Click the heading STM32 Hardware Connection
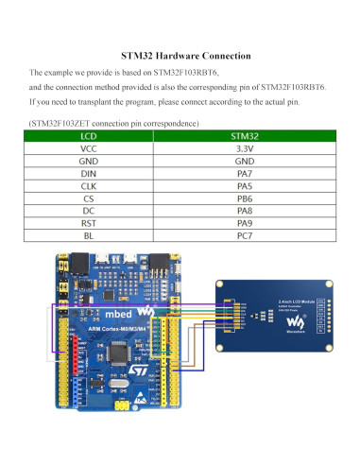pyautogui.click(x=180, y=55)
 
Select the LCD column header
pyautogui.click(x=89, y=136)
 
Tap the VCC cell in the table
pyautogui.click(x=89, y=148)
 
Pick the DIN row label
pyautogui.click(x=89, y=174)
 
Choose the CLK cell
pyautogui.click(x=89, y=186)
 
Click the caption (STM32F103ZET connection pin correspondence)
pyautogui.click(x=113, y=123)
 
